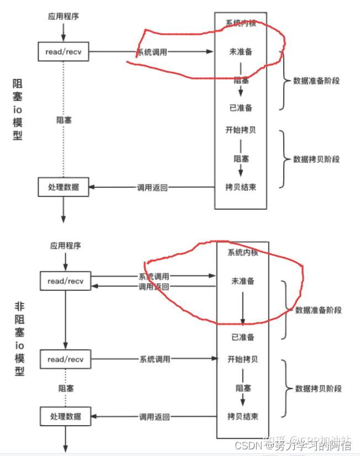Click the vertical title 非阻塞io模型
coord(19,338)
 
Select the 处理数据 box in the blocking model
coord(63,187)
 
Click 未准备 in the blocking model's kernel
coord(241,51)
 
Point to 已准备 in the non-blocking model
coord(242,337)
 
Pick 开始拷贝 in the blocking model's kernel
coord(241,130)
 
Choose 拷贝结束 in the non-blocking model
coord(242,416)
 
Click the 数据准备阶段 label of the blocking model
coord(316,81)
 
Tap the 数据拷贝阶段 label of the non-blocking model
coord(318,388)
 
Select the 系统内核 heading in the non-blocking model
coord(242,252)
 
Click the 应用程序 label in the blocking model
coord(63,17)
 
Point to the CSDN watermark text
coord(247,446)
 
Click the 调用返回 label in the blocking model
coord(152,187)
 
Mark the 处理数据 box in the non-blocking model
coord(65,416)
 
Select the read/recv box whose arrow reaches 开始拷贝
coord(65,359)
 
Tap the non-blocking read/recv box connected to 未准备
coord(65,281)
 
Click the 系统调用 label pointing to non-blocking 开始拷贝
coord(154,359)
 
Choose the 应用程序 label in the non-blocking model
coord(65,246)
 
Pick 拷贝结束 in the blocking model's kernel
coord(241,187)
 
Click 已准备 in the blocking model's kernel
coord(241,108)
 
